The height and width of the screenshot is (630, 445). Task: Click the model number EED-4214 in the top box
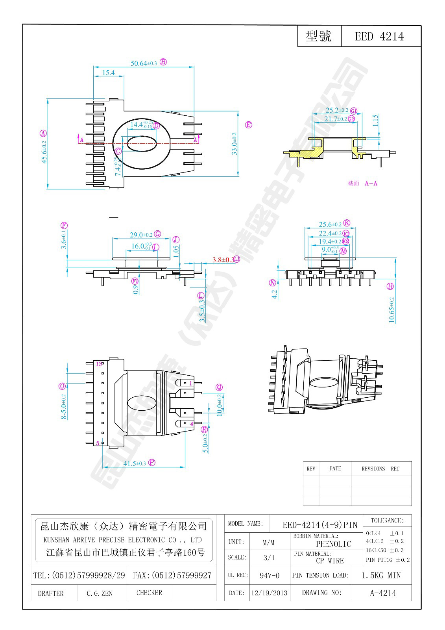pos(379,37)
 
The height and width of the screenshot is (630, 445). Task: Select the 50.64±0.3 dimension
pos(144,63)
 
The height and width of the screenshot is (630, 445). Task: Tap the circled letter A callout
pos(43,133)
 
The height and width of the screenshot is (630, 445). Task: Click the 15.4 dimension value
pos(108,73)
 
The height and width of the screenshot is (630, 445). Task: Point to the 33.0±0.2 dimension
pos(235,144)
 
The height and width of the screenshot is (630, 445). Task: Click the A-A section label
pos(371,183)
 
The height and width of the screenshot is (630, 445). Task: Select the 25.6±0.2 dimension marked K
pos(330,224)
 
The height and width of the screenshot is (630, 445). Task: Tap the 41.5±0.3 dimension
pos(135,463)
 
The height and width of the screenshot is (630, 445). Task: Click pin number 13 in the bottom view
pos(99,364)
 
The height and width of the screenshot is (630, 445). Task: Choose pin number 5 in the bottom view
pos(98,443)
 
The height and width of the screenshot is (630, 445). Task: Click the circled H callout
pos(390,286)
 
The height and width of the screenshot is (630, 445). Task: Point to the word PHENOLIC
pos(333,544)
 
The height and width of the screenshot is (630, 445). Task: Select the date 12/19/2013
pos(270,593)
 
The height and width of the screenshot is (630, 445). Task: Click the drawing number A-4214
pos(383,593)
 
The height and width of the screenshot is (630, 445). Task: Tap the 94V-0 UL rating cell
pos(270,575)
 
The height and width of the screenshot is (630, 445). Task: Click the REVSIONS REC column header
pos(380,469)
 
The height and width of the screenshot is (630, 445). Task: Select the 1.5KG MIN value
pos(381,575)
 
